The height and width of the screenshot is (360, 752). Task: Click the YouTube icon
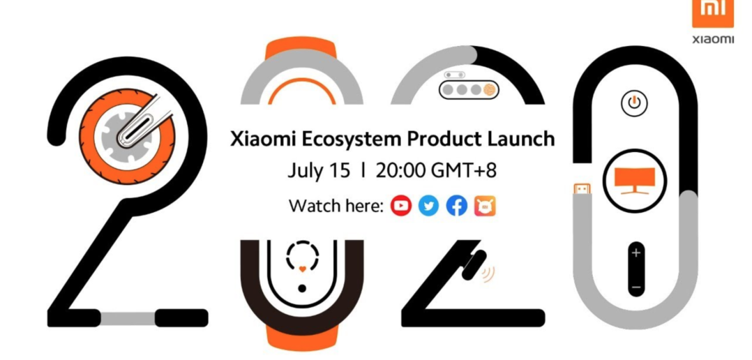click(x=401, y=206)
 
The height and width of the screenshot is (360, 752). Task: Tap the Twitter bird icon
click(x=428, y=206)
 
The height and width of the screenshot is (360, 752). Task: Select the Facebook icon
click(x=456, y=206)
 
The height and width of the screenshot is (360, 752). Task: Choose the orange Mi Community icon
click(x=485, y=206)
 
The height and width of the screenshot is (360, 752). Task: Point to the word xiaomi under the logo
click(x=713, y=39)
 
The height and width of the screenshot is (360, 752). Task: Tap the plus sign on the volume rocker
click(x=636, y=253)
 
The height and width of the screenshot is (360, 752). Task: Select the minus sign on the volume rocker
click(x=636, y=287)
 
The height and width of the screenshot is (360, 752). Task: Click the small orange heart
click(x=302, y=269)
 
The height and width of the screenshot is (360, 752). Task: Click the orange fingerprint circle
click(x=489, y=89)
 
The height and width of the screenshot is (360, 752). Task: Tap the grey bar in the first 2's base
click(x=128, y=318)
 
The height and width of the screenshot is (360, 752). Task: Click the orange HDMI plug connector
click(x=583, y=190)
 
